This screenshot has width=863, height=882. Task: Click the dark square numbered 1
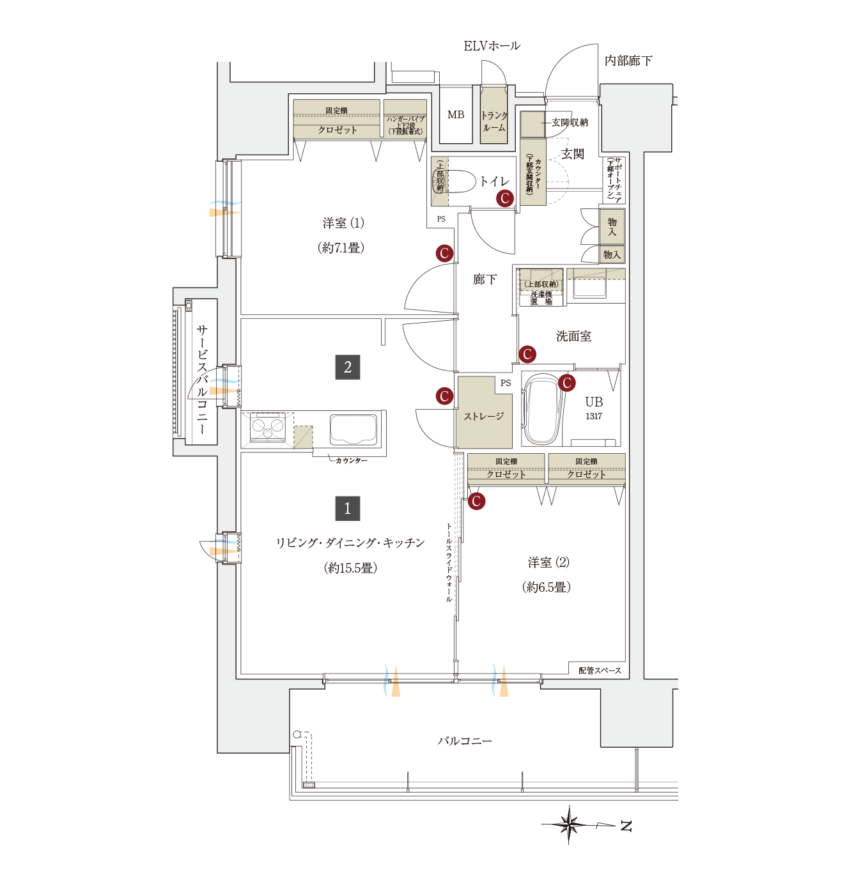348,509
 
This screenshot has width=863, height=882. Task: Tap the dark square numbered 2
348,367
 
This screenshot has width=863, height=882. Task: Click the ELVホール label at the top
492,46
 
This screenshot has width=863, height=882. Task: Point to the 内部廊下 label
628,61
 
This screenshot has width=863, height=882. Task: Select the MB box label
456,115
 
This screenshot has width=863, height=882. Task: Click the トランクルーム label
494,121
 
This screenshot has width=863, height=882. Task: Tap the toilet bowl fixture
462,182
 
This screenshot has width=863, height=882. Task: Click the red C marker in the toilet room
505,198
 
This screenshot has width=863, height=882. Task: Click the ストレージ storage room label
484,417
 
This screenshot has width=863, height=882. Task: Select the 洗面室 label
573,336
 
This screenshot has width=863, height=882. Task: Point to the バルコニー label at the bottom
465,741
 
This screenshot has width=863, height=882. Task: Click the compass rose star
568,824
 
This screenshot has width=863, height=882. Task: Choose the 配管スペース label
600,670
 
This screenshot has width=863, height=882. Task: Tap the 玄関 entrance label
573,154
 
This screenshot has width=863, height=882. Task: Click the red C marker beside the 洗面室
527,354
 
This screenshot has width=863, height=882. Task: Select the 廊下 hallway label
485,279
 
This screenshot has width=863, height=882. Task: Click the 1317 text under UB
594,417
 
